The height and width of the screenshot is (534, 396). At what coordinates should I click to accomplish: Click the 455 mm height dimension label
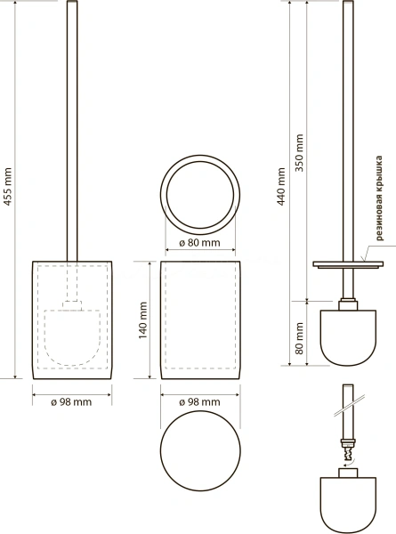[7, 187]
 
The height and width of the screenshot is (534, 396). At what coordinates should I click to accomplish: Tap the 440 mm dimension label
[281, 187]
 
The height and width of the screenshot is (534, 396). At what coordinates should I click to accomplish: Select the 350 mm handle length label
[299, 152]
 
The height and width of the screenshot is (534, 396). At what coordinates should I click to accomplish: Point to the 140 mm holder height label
[142, 320]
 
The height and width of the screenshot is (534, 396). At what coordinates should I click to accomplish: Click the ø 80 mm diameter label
[200, 243]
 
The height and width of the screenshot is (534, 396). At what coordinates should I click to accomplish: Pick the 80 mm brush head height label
[299, 338]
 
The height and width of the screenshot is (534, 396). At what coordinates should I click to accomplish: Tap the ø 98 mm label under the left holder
[71, 402]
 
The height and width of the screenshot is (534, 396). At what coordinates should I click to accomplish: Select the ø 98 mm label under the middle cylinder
[200, 402]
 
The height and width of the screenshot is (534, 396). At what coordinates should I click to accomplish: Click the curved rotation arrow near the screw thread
[349, 463]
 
